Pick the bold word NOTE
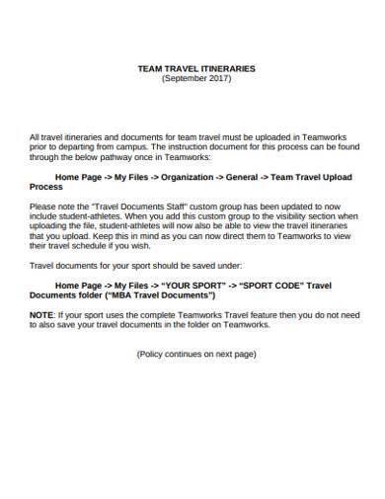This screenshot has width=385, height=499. (41, 314)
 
